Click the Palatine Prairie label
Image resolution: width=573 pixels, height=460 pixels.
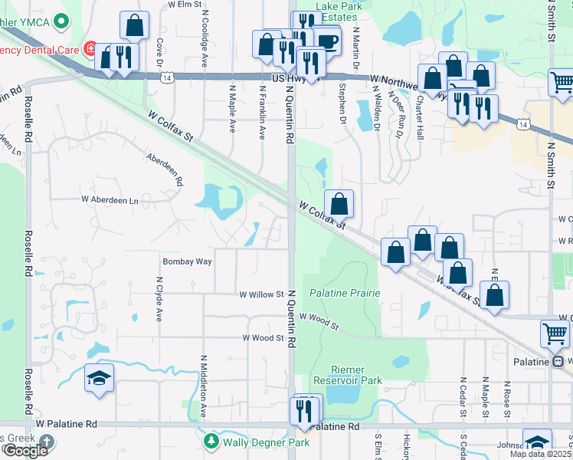[x=345, y=293]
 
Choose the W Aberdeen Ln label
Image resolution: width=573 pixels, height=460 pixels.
[x=110, y=199]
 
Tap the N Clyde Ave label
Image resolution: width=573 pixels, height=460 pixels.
[x=160, y=303]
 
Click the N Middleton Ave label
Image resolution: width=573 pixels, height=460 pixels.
[x=204, y=386]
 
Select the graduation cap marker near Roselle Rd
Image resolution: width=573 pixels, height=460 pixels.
[x=99, y=379]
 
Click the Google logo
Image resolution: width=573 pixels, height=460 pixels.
[x=25, y=450]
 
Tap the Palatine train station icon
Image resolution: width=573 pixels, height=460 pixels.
[x=560, y=361]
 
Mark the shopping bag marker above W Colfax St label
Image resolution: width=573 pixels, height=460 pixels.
[x=339, y=204]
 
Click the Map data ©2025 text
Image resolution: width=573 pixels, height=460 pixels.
[x=540, y=454]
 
